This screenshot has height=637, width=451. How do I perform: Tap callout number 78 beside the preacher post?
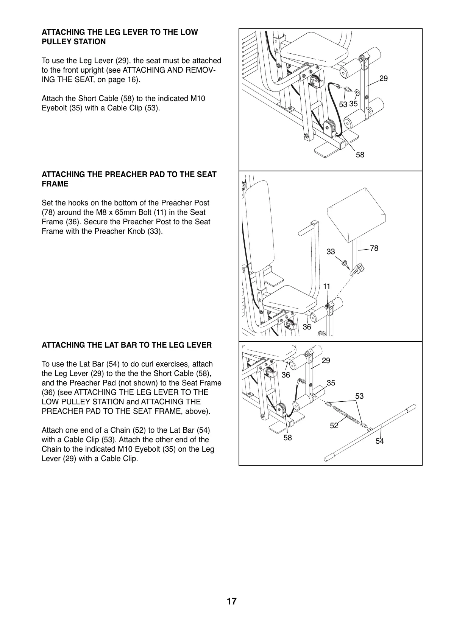(374, 248)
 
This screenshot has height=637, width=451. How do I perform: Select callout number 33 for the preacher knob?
(331, 252)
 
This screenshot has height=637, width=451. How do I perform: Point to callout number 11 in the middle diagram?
(326, 287)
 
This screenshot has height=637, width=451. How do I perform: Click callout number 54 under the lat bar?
(379, 441)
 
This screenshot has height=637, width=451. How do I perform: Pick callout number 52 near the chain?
(334, 426)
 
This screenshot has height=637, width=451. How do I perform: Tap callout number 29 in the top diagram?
(383, 79)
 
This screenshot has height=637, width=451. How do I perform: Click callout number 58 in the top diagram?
(360, 155)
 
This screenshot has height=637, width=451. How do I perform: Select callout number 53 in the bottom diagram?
(359, 396)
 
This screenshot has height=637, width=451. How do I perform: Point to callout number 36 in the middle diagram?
(307, 327)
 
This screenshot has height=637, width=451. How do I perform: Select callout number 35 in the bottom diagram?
(331, 383)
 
